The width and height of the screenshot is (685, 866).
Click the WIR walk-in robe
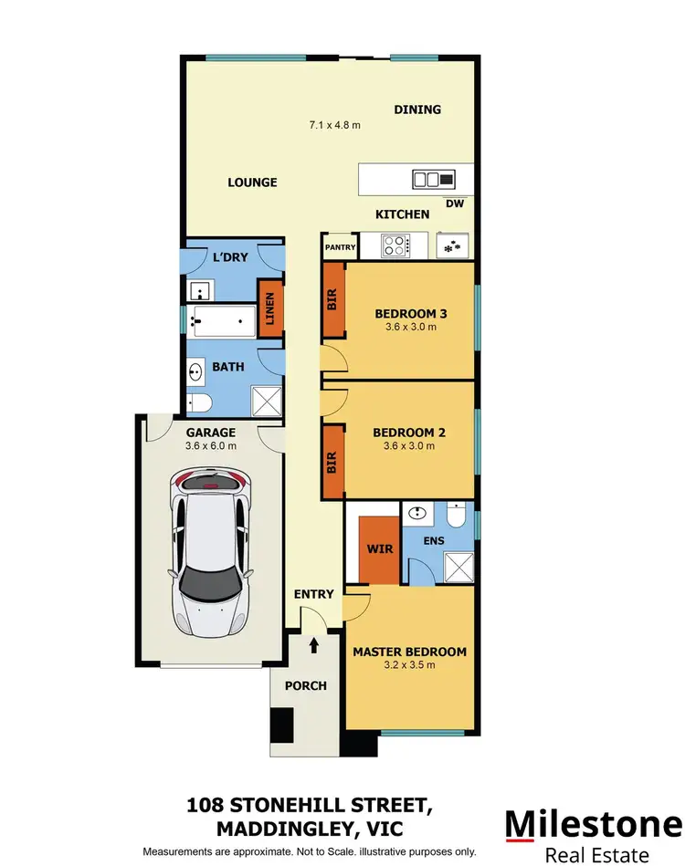378,550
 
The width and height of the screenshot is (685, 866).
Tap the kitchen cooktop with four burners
395,245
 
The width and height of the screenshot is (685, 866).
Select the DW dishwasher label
455,203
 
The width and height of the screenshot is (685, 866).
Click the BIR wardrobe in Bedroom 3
332,300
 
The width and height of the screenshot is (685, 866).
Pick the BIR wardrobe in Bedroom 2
332,461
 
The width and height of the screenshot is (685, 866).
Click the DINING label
417,110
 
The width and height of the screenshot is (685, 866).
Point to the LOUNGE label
252,183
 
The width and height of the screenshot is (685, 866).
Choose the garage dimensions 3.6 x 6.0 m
211,446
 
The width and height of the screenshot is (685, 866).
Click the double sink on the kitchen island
427,180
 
